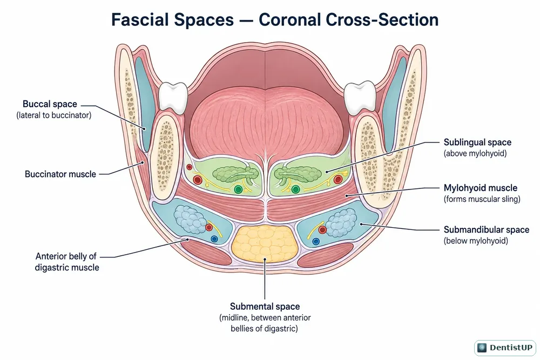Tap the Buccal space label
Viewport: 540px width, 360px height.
(x=50, y=104)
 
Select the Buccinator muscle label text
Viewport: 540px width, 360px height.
(x=60, y=174)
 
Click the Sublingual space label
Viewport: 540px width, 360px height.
(x=477, y=142)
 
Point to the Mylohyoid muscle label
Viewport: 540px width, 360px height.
(x=481, y=188)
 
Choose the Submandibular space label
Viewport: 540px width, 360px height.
(x=487, y=229)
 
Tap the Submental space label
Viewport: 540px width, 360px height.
(x=265, y=307)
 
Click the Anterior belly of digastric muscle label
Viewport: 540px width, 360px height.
(x=67, y=262)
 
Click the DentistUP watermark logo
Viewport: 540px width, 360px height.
(x=505, y=348)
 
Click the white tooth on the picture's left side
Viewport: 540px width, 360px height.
(x=173, y=97)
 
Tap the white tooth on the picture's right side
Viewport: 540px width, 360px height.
(x=360, y=97)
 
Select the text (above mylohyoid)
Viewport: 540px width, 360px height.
(x=475, y=153)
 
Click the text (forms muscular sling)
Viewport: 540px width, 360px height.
(x=482, y=199)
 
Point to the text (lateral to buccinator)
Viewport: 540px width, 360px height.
(x=53, y=116)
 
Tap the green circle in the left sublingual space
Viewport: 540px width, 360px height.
(x=238, y=189)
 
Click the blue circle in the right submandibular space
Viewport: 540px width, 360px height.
(x=316, y=242)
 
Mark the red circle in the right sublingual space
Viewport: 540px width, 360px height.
(x=338, y=179)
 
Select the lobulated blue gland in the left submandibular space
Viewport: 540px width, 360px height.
(x=191, y=220)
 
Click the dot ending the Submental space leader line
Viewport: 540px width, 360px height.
(x=265, y=259)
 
